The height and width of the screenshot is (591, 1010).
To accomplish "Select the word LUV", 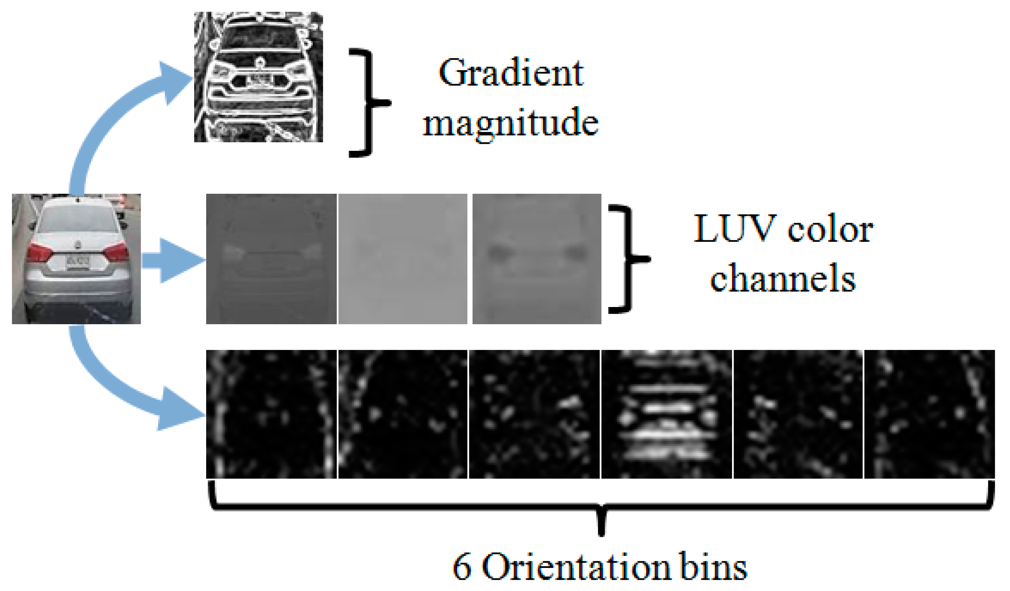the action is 733,229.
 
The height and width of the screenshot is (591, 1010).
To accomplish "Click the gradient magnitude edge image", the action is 258,77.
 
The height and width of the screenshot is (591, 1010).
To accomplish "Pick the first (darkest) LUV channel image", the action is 271,259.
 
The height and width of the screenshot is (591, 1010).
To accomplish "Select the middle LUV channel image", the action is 403,259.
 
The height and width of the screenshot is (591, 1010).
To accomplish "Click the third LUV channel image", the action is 537,259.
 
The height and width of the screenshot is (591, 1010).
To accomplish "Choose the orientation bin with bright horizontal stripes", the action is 666,414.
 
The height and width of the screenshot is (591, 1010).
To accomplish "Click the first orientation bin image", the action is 271,414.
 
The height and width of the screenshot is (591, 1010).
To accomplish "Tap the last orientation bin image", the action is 929,414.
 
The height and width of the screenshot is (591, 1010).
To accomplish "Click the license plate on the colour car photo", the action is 78,262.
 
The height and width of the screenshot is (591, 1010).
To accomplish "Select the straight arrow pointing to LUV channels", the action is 172,261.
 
